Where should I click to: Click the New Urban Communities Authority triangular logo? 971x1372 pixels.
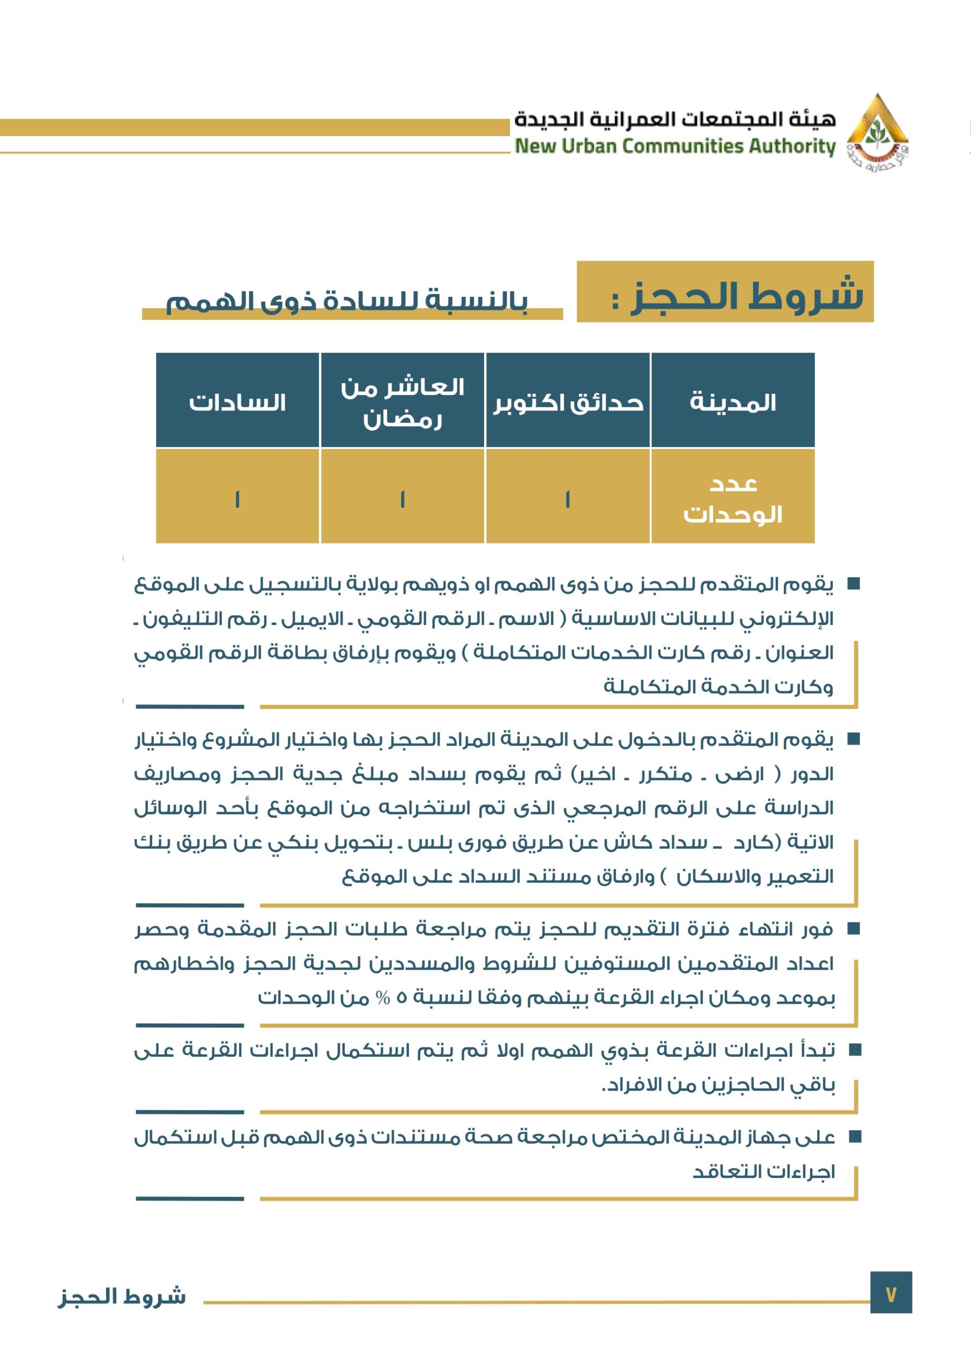877,131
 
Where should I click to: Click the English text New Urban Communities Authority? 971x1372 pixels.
675,146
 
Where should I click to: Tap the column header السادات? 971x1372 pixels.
238,402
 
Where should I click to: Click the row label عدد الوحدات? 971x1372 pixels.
732,498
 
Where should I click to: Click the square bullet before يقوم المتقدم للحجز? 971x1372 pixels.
854,583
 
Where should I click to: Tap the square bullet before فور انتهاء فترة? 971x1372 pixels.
854,929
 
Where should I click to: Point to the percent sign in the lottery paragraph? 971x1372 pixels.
383,998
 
